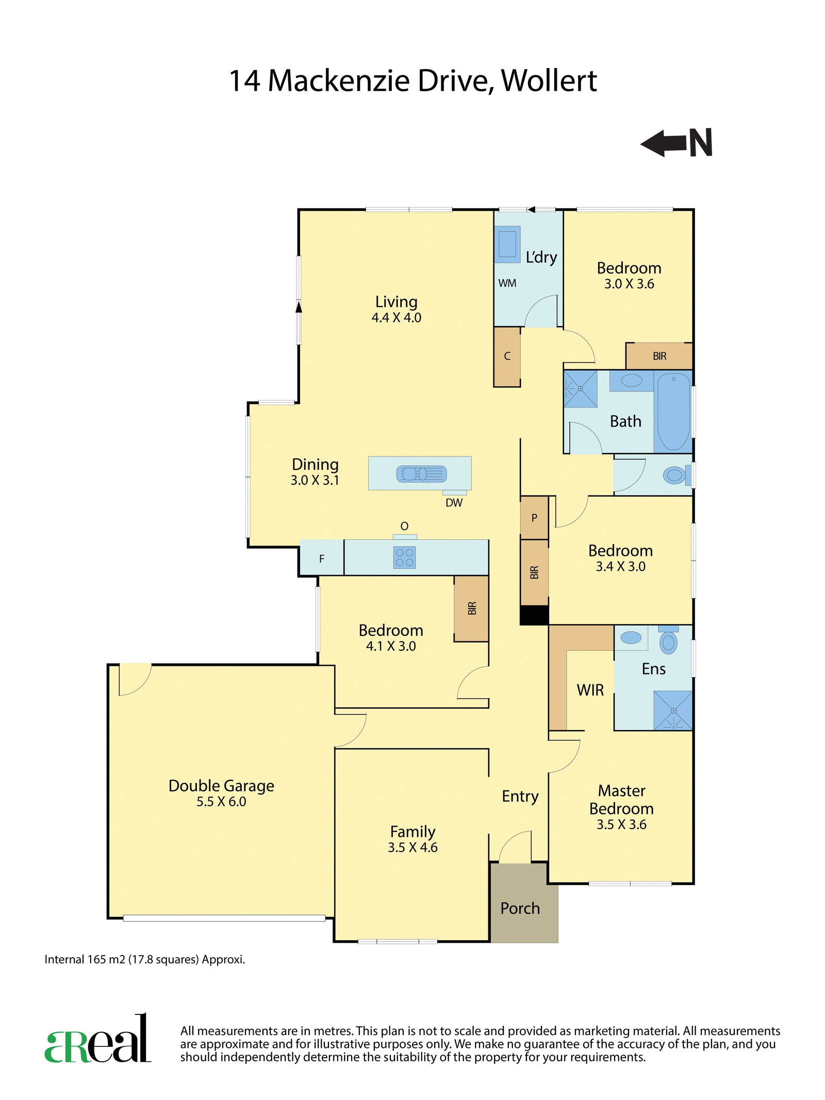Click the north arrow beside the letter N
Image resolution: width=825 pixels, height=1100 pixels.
coord(664,143)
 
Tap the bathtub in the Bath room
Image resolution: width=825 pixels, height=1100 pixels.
coord(673,412)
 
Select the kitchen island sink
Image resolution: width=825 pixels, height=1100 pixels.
coord(421,473)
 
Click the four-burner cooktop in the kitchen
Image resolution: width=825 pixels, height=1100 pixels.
coord(404,557)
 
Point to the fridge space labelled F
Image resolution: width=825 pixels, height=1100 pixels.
coord(322,558)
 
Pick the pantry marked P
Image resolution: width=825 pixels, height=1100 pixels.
coord(534,518)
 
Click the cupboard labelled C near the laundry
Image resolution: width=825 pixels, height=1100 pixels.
coord(507,356)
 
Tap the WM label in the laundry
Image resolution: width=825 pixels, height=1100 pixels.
coord(507,283)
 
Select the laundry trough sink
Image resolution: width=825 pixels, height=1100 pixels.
coord(507,244)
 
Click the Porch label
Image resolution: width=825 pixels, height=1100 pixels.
coord(520,908)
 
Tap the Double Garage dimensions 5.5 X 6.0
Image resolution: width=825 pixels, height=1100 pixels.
coord(221,801)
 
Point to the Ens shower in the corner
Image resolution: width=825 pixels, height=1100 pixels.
coord(673,710)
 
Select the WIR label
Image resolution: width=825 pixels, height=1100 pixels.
coord(590,690)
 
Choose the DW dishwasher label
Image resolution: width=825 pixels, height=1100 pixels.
coord(454,503)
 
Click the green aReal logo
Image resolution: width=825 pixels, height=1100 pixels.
coord(98,1039)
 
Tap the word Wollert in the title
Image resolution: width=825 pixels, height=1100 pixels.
coord(549,81)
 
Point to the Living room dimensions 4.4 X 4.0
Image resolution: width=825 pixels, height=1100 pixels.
coord(397,318)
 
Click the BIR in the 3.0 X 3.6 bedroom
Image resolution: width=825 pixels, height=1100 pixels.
coord(659,356)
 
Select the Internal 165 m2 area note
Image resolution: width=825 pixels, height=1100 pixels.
coord(145,960)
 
